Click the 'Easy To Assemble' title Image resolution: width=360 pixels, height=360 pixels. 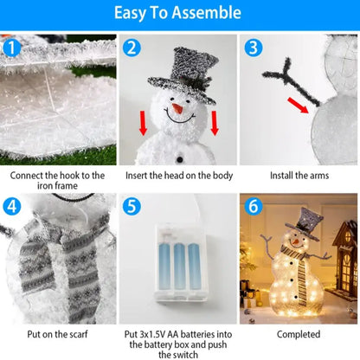tap(180, 13)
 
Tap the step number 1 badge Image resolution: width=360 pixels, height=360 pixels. tap(11, 48)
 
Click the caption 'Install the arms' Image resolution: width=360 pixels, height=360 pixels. tap(298, 175)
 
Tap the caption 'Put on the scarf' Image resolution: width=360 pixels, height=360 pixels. tap(58, 333)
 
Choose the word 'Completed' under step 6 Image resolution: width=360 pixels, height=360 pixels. tap(298, 333)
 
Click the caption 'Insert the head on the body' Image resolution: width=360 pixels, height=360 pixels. tap(178, 175)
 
